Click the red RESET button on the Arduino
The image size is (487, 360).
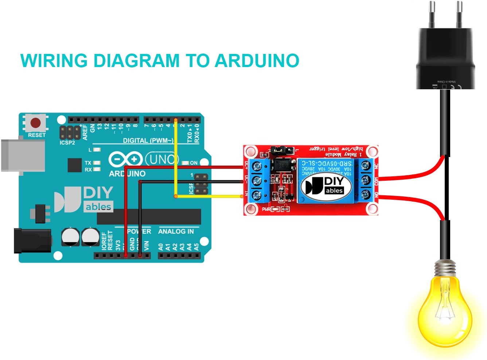tap(36, 123)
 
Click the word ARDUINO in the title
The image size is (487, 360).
tap(257, 61)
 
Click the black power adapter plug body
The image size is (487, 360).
tap(445, 58)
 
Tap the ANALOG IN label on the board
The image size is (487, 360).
tap(176, 231)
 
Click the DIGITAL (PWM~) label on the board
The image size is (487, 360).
tap(148, 140)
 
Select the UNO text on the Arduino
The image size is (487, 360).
tap(162, 159)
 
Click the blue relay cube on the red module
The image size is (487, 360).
tap(327, 180)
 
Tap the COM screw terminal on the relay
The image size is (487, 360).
tap(366, 180)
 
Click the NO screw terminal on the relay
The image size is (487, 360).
tap(366, 195)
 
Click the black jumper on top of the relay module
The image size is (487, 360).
tap(282, 149)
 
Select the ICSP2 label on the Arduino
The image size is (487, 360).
tap(67, 143)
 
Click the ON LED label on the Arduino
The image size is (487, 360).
tap(194, 163)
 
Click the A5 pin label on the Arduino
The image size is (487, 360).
tap(196, 247)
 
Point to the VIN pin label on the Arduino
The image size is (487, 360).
tap(147, 246)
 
